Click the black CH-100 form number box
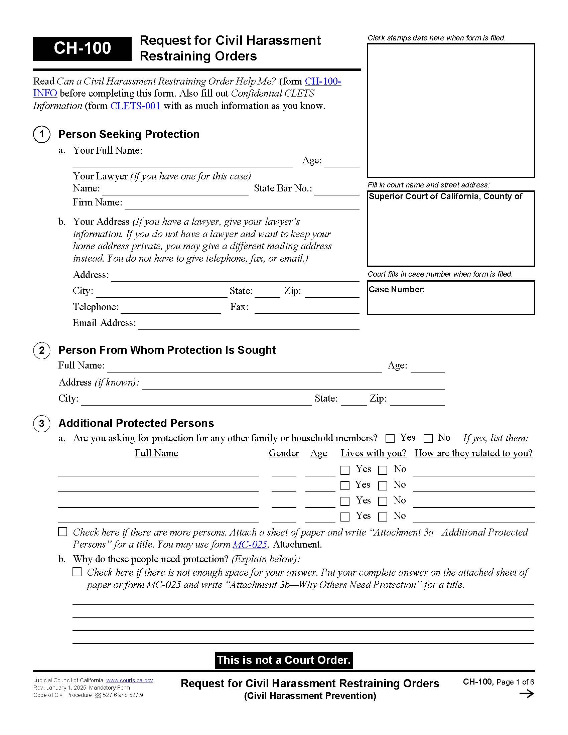coord(82,48)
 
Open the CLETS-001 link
coord(135,106)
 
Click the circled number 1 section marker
coord(42,134)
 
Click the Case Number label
coord(397,289)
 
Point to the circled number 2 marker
coord(42,350)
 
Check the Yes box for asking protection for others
coord(390,439)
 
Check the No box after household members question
coord(428,439)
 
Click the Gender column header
coord(284,453)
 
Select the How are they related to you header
coord(473,453)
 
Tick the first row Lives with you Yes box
coord(345,470)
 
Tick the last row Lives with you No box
coord(383,517)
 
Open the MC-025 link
coord(250,544)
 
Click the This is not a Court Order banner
coord(284,660)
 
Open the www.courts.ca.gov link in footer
coord(130,680)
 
